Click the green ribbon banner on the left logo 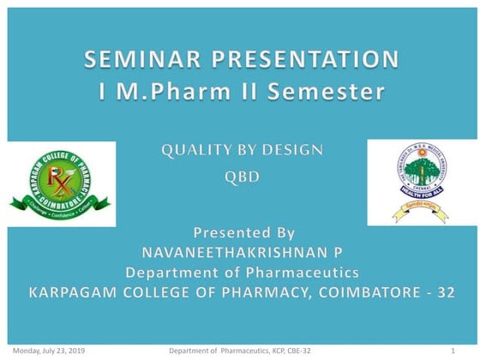click(59, 206)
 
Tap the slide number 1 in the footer click(452, 351)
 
